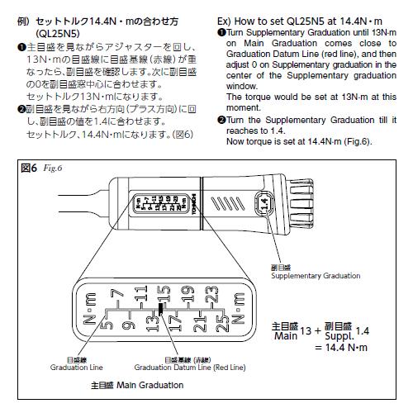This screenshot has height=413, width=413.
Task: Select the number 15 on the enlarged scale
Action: click(x=164, y=293)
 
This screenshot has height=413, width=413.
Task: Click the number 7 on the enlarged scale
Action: click(x=117, y=293)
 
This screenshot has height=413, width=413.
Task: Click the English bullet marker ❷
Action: click(x=221, y=118)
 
